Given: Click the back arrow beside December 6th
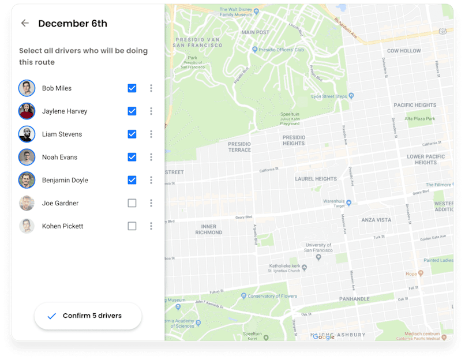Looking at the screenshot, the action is tap(25, 24).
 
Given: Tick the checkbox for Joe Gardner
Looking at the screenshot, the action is tap(132, 203).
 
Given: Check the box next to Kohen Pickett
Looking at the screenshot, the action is tap(132, 226).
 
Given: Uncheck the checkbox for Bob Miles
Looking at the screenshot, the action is tap(132, 88).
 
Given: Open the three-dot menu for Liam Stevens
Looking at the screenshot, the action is tap(151, 134).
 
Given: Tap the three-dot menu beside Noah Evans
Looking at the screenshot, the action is tap(151, 157).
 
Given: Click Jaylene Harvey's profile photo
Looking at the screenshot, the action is tap(27, 111).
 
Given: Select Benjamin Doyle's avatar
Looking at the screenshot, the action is tap(27, 180).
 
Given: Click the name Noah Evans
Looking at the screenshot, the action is tap(59, 157).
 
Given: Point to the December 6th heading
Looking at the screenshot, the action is tap(73, 24).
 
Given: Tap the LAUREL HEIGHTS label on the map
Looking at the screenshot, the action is tap(316, 179).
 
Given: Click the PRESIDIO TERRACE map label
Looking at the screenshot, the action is tap(239, 147).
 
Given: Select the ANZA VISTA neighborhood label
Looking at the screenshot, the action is tap(376, 220).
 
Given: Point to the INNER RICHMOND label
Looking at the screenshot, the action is tap(208, 229).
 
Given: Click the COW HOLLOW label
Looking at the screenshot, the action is tap(404, 51).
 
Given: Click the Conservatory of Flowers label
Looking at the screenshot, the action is tap(273, 296).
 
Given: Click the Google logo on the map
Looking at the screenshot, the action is tap(324, 337).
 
